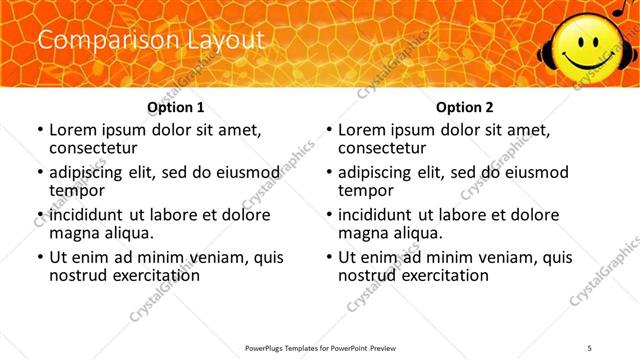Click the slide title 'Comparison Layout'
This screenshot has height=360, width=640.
click(x=151, y=41)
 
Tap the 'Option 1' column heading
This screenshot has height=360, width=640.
click(x=176, y=106)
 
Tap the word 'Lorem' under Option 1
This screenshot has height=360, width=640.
click(x=73, y=130)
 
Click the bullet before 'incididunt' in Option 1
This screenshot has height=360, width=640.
click(x=39, y=215)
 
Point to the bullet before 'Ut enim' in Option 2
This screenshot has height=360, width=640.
click(x=328, y=257)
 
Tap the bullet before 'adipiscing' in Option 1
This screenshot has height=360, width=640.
click(x=39, y=173)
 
